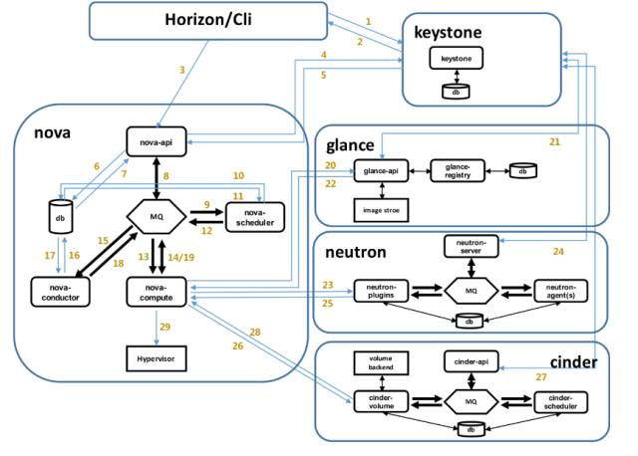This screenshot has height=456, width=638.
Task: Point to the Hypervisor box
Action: point(159,355)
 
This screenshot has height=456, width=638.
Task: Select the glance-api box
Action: point(382,171)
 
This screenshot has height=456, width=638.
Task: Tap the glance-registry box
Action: point(460,171)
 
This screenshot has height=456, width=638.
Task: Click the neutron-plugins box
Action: point(381,290)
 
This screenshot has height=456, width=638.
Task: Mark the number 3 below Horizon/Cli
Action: point(181,69)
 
